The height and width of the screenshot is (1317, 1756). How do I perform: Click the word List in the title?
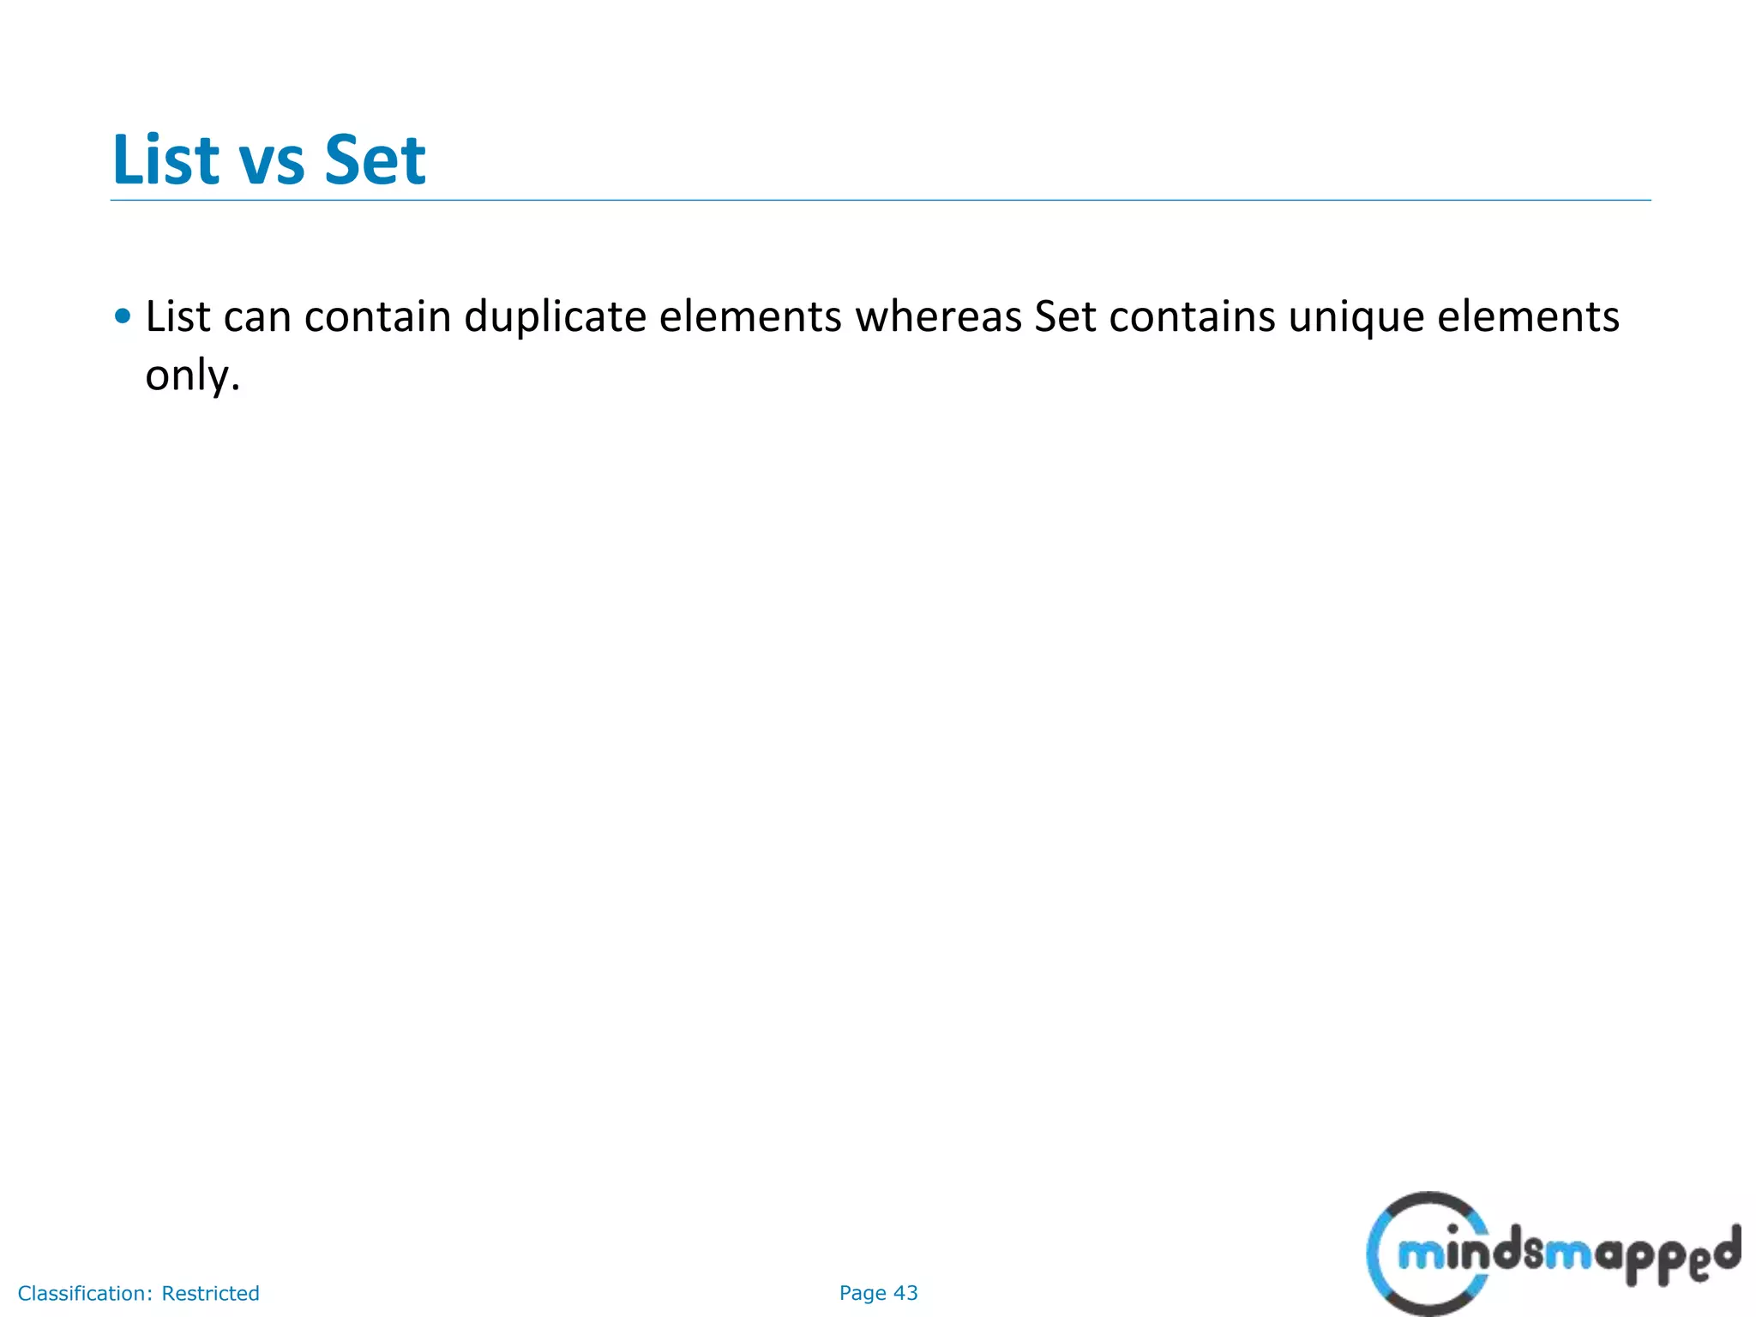pyautogui.click(x=165, y=159)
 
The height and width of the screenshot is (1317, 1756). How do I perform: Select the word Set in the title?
pyautogui.click(x=375, y=159)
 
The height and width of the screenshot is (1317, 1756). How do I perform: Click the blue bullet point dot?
pyautogui.click(x=123, y=316)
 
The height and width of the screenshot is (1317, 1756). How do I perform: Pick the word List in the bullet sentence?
pyautogui.click(x=177, y=316)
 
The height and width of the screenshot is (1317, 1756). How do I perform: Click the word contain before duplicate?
pyautogui.click(x=377, y=316)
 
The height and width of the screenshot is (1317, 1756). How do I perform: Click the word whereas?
pyautogui.click(x=938, y=316)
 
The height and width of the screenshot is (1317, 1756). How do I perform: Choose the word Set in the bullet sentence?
pyautogui.click(x=1065, y=316)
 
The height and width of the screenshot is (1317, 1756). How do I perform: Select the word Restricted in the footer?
pyautogui.click(x=210, y=1293)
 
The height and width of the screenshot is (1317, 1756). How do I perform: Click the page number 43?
pyautogui.click(x=905, y=1293)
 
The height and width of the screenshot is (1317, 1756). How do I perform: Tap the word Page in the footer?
pyautogui.click(x=863, y=1293)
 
